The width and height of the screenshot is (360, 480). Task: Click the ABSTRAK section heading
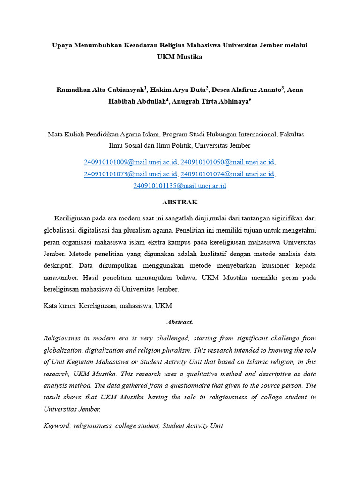pos(180,202)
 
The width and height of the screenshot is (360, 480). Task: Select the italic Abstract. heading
pos(180,322)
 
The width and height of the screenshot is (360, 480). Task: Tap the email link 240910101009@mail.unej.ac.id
pos(130,162)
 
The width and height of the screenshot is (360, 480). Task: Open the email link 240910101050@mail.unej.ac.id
pos(227,162)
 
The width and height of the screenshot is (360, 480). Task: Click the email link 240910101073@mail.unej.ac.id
pos(130,174)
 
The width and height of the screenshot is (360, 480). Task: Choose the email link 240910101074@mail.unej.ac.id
pos(227,174)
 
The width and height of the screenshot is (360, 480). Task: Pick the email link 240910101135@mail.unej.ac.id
pos(180,186)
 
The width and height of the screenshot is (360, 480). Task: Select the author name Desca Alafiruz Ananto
pos(246,90)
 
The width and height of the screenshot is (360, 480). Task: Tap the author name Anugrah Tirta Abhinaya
pos(211,101)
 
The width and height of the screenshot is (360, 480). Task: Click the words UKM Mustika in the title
pos(180,57)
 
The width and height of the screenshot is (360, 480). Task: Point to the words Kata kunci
pos(60,306)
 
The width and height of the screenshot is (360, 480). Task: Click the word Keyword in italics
pos(56,426)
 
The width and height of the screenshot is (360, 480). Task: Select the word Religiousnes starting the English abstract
pos(63,338)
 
